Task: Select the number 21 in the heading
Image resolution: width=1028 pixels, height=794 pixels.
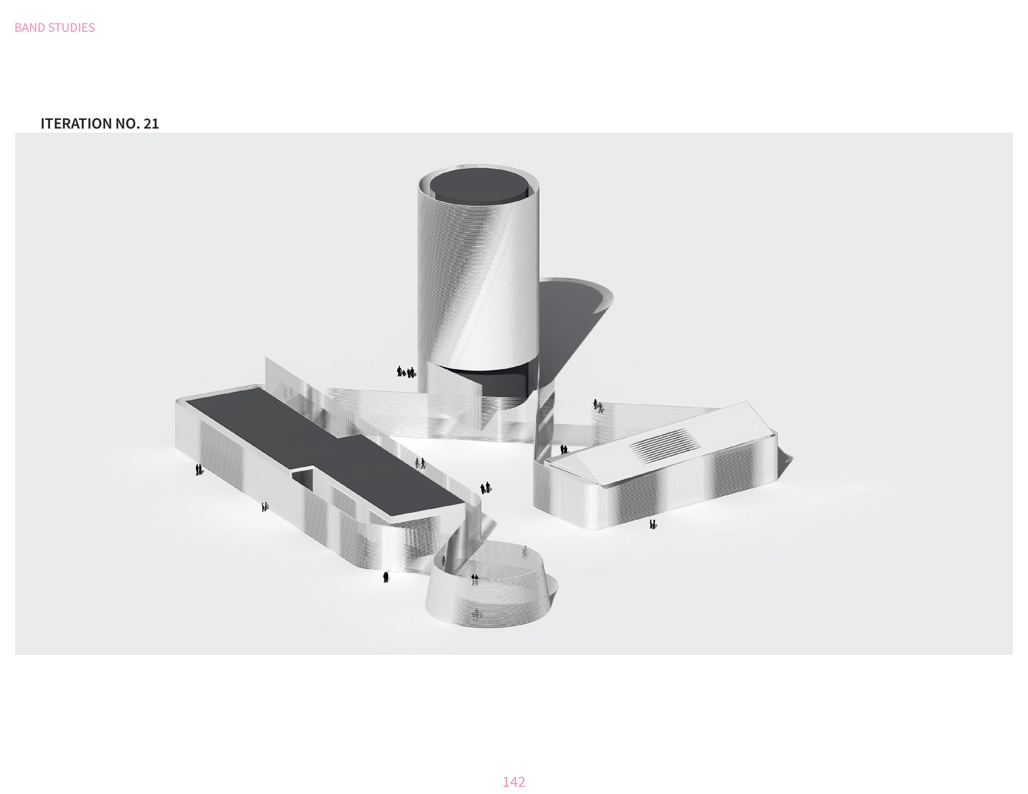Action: coord(151,124)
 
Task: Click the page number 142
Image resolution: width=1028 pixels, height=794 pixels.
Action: coord(513,782)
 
